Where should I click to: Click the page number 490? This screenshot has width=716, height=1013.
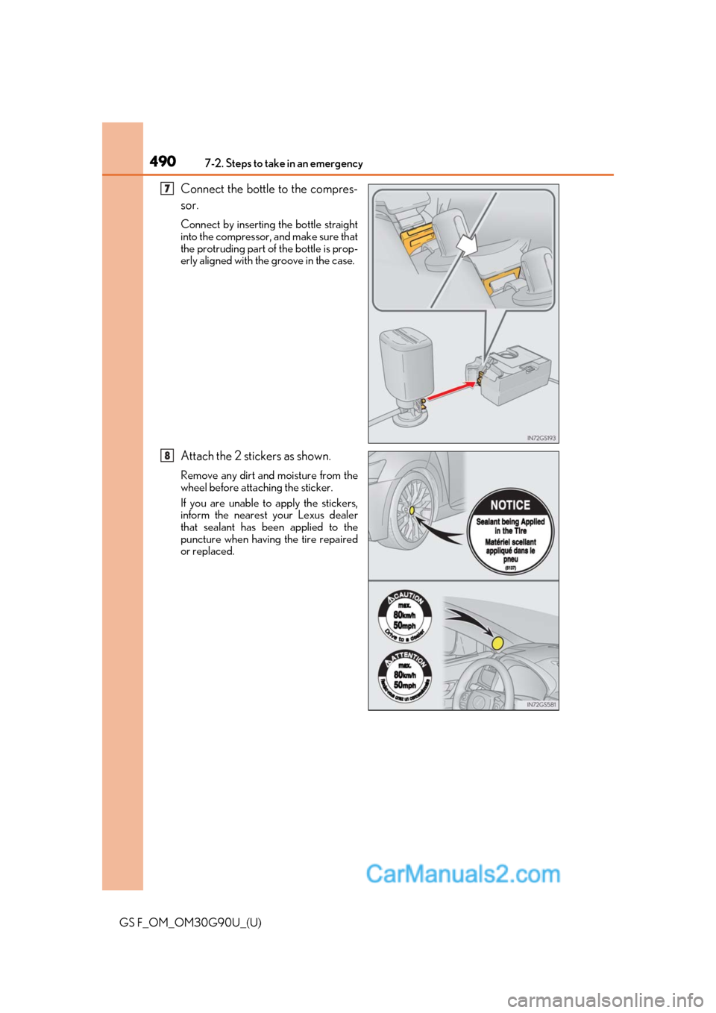tap(163, 161)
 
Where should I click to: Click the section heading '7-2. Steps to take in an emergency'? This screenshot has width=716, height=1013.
tap(283, 163)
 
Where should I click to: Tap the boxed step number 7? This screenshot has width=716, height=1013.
tap(168, 189)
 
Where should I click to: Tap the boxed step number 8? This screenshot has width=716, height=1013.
tap(168, 455)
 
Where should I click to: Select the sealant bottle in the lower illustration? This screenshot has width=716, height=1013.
tap(406, 373)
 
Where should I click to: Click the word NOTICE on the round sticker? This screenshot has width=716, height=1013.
tap(510, 505)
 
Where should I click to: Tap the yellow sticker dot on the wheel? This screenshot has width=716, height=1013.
tap(411, 510)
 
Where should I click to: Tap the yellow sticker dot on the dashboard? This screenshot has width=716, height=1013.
tap(497, 642)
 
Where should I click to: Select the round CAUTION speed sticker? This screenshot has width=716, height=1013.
tap(405, 616)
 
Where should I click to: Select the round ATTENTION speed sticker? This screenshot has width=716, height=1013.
tap(405, 675)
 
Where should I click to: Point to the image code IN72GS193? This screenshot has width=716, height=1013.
tap(541, 438)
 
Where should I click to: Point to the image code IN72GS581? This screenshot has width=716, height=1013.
tap(541, 704)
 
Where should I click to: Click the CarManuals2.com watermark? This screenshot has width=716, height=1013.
tap(462, 874)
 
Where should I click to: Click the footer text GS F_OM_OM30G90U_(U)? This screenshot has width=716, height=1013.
tap(190, 923)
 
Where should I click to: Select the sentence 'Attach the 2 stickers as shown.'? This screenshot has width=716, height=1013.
tap(256, 456)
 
